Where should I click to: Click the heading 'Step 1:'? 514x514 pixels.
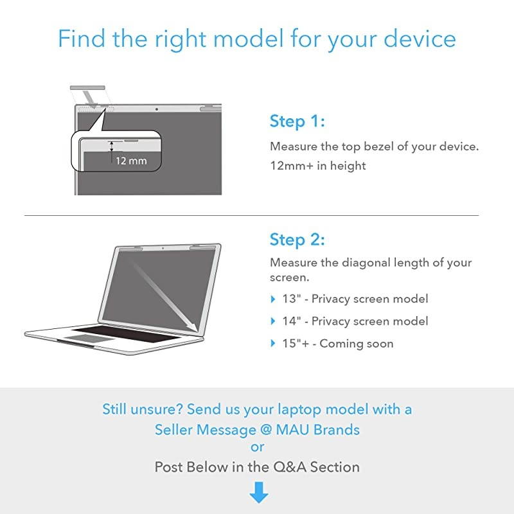click(297, 121)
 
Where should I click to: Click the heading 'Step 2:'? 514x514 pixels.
click(297, 240)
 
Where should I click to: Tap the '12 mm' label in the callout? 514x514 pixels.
click(131, 161)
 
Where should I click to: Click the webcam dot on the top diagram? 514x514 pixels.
click(157, 109)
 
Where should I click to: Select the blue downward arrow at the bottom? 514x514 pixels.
click(259, 492)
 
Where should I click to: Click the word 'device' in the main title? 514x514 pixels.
click(420, 39)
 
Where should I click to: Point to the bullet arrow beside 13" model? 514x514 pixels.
click(273, 299)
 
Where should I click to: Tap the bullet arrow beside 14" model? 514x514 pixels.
click(273, 321)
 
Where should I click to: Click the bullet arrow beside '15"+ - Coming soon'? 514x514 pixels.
click(273, 344)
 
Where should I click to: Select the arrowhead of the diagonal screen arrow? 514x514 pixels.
click(193, 326)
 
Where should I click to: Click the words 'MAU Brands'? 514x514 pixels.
click(317, 430)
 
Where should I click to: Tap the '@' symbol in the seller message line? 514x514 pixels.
click(265, 430)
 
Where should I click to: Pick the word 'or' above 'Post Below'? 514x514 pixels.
click(258, 447)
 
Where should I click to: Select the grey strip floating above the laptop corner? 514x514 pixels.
click(87, 87)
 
